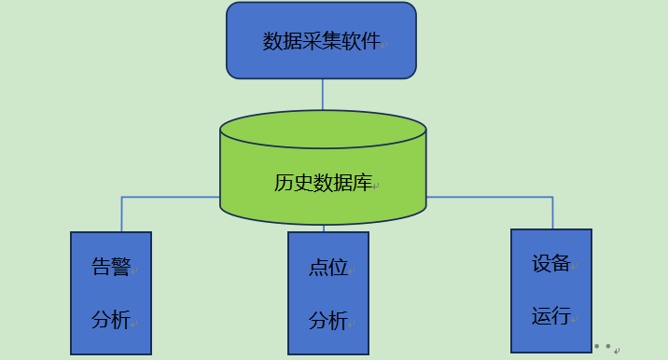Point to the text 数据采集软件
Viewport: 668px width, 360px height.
pyautogui.click(x=321, y=42)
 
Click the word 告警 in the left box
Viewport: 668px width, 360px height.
pyautogui.click(x=110, y=268)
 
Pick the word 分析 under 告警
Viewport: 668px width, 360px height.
pyautogui.click(x=110, y=320)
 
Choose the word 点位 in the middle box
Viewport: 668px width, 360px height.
pyautogui.click(x=327, y=269)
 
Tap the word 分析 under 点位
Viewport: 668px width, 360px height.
pyautogui.click(x=327, y=322)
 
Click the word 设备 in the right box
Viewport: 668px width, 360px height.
pyautogui.click(x=550, y=264)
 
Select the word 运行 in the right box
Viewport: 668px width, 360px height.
pyautogui.click(x=550, y=316)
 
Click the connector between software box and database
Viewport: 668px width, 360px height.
pyautogui.click(x=323, y=93)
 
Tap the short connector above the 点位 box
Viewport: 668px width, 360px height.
pyautogui.click(x=324, y=228)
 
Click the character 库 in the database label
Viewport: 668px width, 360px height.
pyautogui.click(x=363, y=183)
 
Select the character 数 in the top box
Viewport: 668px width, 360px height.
pyautogui.click(x=272, y=42)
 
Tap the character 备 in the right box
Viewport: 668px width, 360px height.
pyautogui.click(x=561, y=264)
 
